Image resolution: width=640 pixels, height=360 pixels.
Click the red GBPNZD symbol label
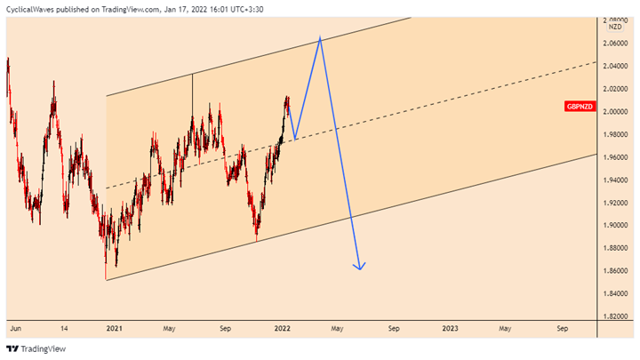(580, 107)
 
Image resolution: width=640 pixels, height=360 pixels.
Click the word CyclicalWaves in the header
(29, 9)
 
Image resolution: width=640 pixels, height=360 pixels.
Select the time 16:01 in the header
(219, 9)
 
